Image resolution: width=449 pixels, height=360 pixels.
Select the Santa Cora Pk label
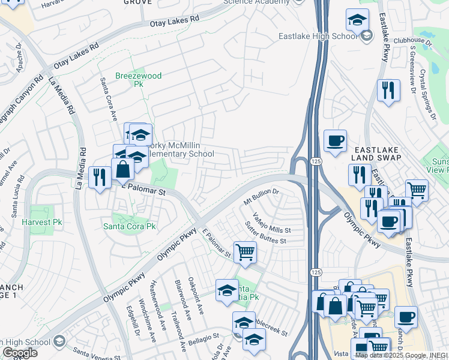click(x=129, y=226)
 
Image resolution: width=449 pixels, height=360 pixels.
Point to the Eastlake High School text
click(x=318, y=37)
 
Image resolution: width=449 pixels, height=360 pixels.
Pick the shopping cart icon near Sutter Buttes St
click(x=245, y=252)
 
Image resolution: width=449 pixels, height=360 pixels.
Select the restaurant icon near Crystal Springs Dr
click(x=388, y=90)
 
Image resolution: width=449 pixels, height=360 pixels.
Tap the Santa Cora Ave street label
click(x=109, y=99)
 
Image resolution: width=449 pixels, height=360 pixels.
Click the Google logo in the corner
click(x=19, y=353)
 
